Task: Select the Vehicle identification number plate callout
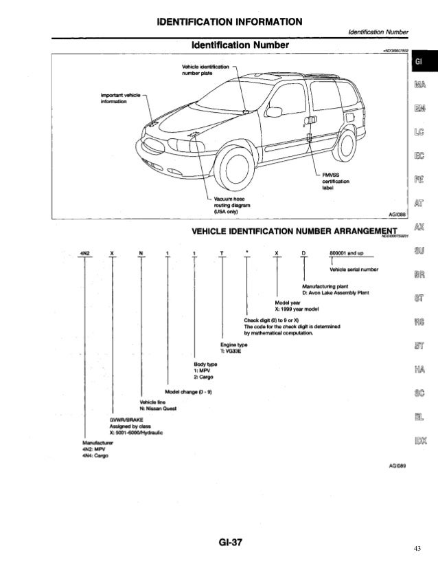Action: pyautogui.click(x=204, y=69)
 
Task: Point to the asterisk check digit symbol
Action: pyautogui.click(x=248, y=253)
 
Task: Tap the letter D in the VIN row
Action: pyautogui.click(x=303, y=253)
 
